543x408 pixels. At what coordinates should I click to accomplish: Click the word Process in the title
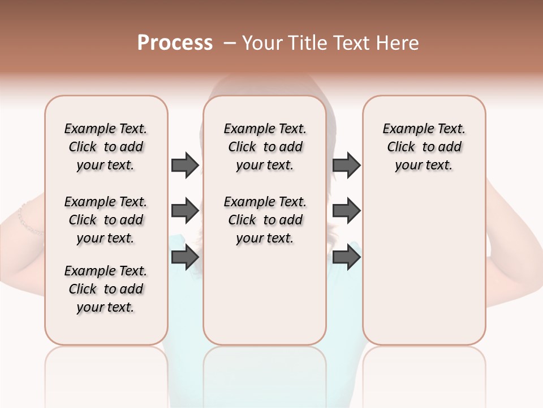click(175, 43)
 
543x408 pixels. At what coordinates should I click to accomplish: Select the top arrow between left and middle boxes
click(185, 165)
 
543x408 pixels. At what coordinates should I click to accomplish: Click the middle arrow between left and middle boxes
click(185, 211)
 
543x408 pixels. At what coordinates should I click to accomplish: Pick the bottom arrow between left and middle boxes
click(185, 257)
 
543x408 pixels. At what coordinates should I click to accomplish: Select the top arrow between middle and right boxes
click(346, 165)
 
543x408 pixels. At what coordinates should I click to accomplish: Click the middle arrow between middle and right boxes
click(346, 211)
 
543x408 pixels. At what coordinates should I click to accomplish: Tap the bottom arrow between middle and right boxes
click(346, 257)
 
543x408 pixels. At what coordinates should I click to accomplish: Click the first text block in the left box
click(106, 147)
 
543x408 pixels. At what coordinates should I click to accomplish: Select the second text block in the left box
click(106, 220)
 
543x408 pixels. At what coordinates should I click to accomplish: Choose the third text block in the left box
click(106, 289)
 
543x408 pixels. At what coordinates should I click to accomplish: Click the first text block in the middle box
click(265, 147)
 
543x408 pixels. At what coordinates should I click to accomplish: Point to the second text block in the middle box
click(265, 220)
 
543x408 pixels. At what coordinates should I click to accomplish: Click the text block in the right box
click(424, 147)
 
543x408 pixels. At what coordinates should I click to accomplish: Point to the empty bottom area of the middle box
click(265, 300)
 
